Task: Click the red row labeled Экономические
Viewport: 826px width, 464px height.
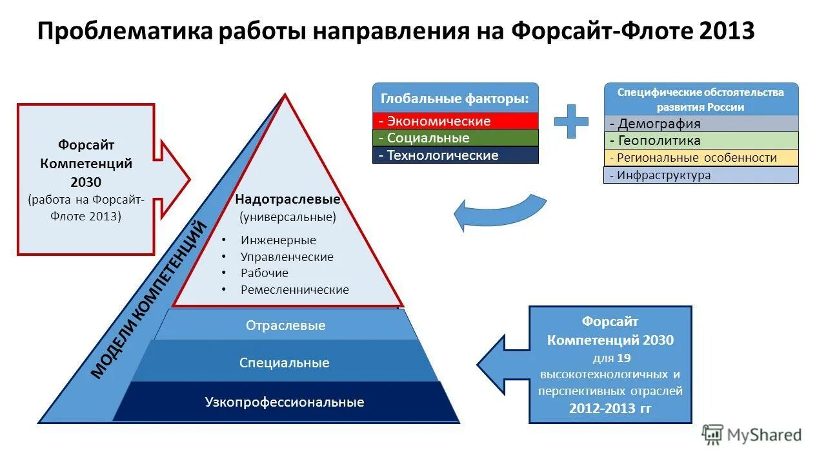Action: pos(456,121)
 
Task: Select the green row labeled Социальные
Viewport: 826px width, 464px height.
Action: pos(456,138)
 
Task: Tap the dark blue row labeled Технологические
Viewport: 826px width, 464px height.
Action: pos(456,155)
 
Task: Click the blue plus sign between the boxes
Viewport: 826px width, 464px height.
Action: pos(571,121)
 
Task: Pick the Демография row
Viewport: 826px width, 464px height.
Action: pos(701,124)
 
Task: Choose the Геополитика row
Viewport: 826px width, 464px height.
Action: pos(701,140)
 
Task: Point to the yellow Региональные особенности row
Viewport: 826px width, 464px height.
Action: pos(701,158)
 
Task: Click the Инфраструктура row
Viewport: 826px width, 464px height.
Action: pos(701,175)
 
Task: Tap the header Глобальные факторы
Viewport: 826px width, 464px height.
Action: pos(456,99)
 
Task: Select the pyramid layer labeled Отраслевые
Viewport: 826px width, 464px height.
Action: pos(285,325)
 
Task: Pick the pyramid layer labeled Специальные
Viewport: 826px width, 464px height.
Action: pos(284,363)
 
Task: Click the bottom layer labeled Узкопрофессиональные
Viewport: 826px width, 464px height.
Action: pos(285,402)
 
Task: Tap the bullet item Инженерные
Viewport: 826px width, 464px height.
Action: pos(278,240)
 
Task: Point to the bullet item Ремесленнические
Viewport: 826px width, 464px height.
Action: pos(294,290)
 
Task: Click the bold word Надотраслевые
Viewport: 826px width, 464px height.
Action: pos(287,200)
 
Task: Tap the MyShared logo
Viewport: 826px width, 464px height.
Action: pos(752,435)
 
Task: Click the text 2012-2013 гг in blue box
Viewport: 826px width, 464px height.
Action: pos(610,408)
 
